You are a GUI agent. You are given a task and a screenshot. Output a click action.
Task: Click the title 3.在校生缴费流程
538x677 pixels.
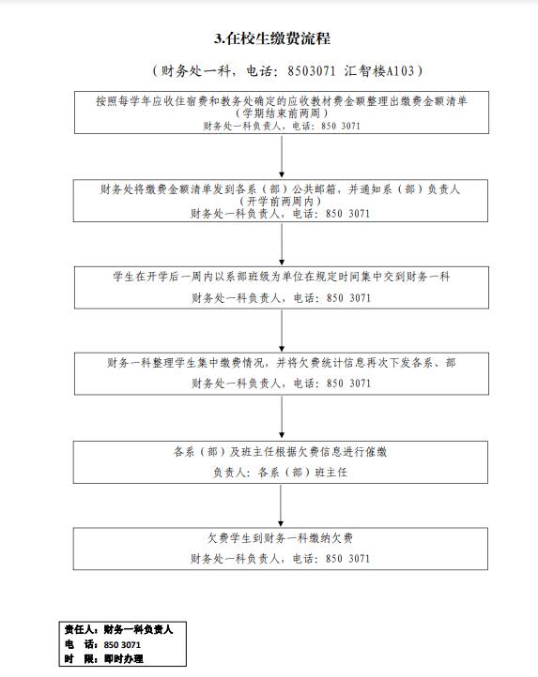pyautogui.click(x=272, y=38)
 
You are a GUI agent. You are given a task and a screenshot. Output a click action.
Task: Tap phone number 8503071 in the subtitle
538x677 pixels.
pyautogui.click(x=312, y=71)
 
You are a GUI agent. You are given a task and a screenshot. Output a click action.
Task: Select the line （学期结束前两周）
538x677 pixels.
pyautogui.click(x=282, y=113)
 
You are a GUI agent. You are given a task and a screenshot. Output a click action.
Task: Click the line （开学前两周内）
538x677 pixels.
pyautogui.click(x=280, y=202)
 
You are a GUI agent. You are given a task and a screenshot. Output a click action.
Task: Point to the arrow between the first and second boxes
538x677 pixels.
pyautogui.click(x=282, y=157)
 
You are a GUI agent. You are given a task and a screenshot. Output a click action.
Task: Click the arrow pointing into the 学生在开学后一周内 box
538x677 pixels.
pyautogui.click(x=282, y=245)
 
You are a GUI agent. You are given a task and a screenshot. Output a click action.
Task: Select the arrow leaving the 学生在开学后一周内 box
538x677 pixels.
pyautogui.click(x=282, y=331)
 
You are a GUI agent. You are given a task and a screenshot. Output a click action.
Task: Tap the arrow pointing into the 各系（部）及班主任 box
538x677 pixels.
pyautogui.click(x=282, y=417)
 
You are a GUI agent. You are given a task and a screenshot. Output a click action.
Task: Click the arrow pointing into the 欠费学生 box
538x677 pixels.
pyautogui.click(x=281, y=505)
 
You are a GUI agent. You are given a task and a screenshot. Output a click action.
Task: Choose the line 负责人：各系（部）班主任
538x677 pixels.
pyautogui.click(x=280, y=473)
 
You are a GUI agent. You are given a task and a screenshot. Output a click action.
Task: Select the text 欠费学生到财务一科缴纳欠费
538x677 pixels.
pyautogui.click(x=280, y=538)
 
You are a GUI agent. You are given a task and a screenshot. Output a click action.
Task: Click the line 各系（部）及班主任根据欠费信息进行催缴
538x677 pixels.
pyautogui.click(x=280, y=452)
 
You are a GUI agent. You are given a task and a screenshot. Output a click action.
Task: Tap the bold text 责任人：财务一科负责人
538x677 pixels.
pyautogui.click(x=119, y=630)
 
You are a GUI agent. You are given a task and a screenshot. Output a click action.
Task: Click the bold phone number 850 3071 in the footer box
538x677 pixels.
pyautogui.click(x=122, y=645)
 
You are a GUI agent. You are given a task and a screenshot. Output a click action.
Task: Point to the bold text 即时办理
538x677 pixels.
pyautogui.click(x=124, y=659)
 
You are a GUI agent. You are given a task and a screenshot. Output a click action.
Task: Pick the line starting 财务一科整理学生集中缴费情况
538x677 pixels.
pyautogui.click(x=282, y=363)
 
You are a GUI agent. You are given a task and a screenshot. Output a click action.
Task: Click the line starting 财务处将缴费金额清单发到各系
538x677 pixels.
pyautogui.click(x=280, y=189)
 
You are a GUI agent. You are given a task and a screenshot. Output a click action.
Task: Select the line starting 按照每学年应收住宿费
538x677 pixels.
pyautogui.click(x=282, y=101)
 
